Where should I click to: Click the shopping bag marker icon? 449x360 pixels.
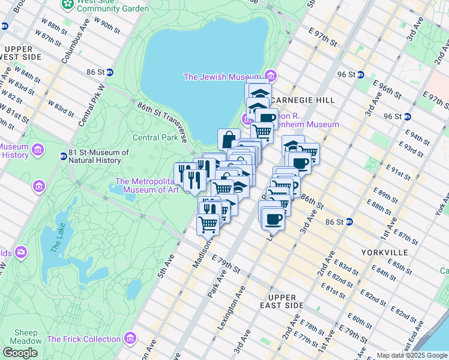point(229,140)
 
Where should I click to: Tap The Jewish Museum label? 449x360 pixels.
point(223,76)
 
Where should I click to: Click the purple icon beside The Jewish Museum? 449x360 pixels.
point(271,76)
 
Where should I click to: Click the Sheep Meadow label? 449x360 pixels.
point(26,337)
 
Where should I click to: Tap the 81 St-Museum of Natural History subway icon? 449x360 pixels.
point(63,157)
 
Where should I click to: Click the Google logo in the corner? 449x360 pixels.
point(20,353)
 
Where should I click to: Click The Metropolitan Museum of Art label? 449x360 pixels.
point(147,186)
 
